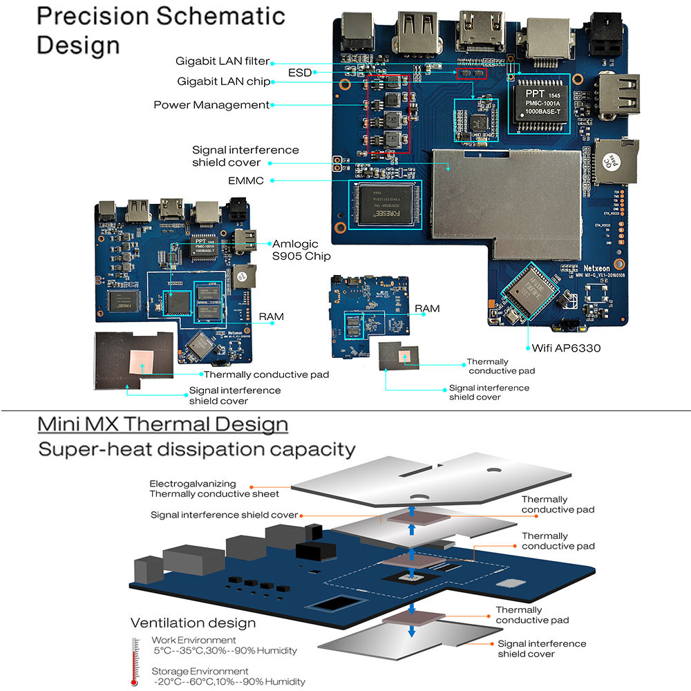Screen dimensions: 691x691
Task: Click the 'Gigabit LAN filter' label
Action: click(223, 61)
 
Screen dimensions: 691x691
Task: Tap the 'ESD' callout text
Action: click(299, 73)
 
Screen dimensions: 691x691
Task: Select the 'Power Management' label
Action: click(211, 105)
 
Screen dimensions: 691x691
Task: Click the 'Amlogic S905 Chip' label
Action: click(301, 250)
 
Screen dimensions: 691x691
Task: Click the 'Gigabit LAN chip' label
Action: click(223, 82)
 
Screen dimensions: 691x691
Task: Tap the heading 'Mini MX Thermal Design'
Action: click(162, 424)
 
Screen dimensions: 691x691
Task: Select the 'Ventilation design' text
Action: click(193, 623)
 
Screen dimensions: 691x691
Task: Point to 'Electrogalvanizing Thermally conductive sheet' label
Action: click(214, 489)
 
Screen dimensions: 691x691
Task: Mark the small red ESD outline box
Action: click(471, 73)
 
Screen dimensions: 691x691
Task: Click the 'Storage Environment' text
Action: click(200, 671)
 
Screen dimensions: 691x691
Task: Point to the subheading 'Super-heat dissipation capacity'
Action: click(197, 450)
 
